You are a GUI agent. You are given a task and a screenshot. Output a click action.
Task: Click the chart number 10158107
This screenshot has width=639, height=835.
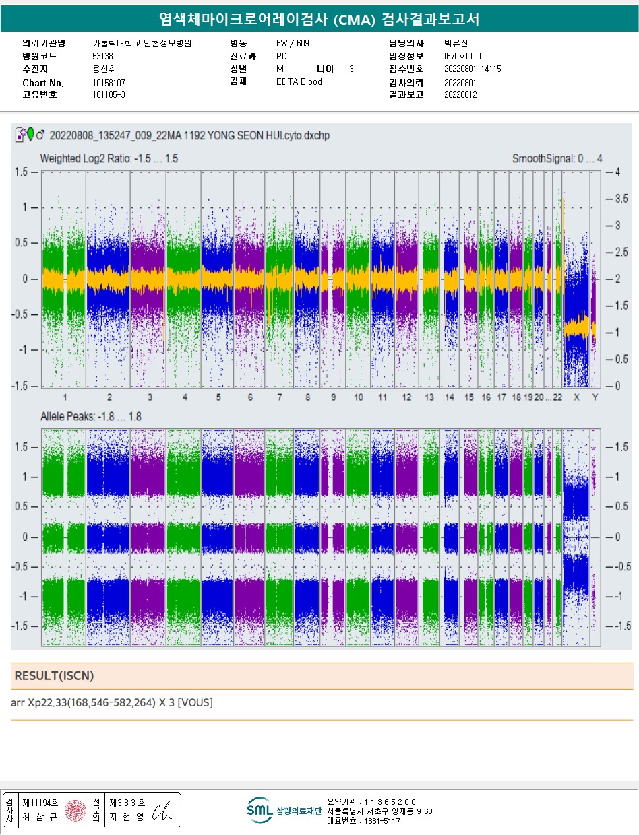tap(109, 83)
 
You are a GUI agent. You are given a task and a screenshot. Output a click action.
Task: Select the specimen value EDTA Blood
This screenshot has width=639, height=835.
tap(299, 82)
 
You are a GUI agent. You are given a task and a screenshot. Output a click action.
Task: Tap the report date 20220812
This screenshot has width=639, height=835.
tap(460, 95)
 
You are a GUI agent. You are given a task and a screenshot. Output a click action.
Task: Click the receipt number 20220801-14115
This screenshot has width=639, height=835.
tap(473, 69)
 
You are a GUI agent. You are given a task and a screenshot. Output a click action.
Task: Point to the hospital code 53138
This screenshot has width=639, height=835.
tap(102, 57)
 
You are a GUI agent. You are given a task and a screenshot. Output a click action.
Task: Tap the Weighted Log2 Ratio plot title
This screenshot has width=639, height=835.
tap(109, 159)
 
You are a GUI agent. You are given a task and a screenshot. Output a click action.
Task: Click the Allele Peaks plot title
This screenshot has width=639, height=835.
tap(91, 417)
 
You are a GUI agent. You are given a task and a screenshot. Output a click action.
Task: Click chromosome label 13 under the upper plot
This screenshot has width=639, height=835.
tap(429, 397)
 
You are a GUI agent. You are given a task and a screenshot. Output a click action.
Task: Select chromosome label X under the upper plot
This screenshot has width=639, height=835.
tap(576, 397)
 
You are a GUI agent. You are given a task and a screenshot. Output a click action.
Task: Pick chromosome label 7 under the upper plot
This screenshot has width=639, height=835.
tap(279, 397)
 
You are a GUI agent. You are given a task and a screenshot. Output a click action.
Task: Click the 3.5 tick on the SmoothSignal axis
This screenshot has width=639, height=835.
tap(621, 199)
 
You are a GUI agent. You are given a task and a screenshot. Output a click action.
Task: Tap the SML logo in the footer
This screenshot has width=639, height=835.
tap(259, 810)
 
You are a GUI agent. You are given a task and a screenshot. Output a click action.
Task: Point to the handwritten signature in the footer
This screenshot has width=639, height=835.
tap(164, 813)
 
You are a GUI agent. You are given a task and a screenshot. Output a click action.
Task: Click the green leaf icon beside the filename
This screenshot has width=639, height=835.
tap(30, 135)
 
